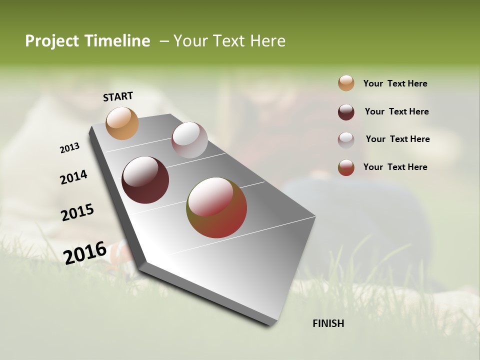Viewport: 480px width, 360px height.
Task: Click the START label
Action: [118, 96]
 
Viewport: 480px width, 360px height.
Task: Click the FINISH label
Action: [328, 323]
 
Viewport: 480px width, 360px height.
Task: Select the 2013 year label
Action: [69, 148]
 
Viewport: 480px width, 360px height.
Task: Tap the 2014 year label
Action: [73, 177]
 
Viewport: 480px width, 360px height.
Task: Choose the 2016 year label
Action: [85, 252]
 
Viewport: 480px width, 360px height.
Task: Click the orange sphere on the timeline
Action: [122, 123]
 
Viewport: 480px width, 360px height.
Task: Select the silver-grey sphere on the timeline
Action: [189, 140]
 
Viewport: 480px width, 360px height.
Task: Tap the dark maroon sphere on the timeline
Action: [145, 180]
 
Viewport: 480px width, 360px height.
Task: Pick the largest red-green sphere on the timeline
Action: [216, 207]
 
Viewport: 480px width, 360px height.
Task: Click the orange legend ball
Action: [346, 83]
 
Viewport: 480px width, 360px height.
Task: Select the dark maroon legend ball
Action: [346, 112]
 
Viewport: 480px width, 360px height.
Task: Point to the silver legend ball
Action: [346, 140]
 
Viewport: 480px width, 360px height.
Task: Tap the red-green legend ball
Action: [346, 167]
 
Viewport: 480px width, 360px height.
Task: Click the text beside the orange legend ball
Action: [395, 83]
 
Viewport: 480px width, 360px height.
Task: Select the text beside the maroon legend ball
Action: [396, 111]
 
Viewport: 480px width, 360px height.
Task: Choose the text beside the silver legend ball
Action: [397, 139]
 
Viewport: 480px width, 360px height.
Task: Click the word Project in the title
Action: [52, 41]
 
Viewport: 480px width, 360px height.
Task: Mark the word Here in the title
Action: [267, 41]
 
